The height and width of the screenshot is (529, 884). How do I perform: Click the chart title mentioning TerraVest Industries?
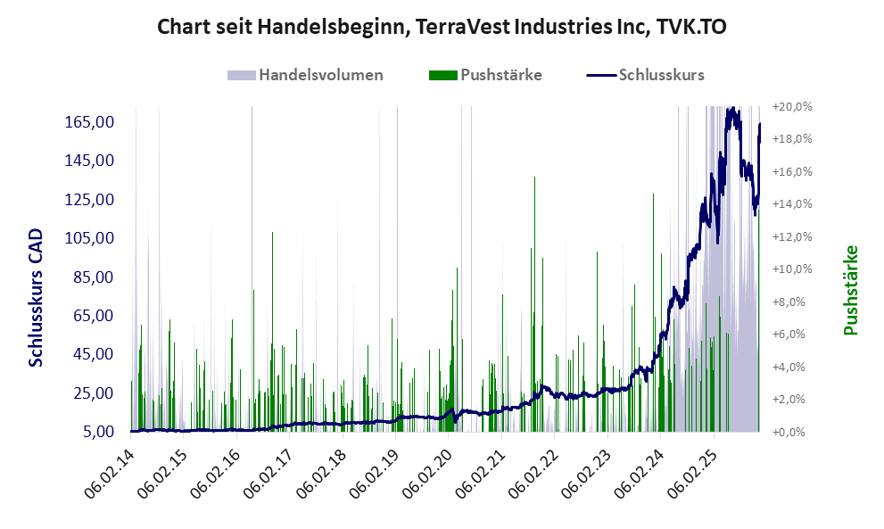click(x=442, y=27)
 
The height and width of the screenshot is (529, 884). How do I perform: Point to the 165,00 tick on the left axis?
click(x=88, y=121)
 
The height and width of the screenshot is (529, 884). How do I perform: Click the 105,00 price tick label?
click(x=88, y=238)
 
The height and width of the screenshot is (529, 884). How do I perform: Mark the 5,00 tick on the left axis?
click(x=94, y=432)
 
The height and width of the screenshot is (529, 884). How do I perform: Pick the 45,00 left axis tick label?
click(x=91, y=354)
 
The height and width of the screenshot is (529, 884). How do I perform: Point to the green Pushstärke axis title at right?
click(x=850, y=290)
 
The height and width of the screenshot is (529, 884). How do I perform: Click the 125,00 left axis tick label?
click(x=88, y=199)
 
